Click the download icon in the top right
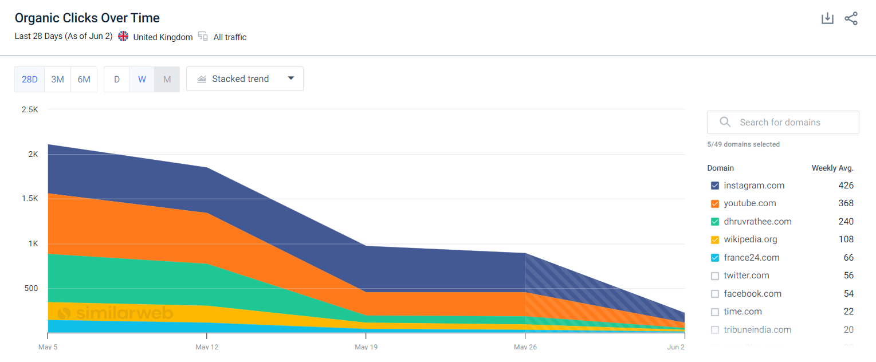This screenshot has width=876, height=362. pos(827,18)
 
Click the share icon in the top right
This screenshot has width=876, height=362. pos(851,18)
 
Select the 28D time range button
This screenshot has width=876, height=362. pos(30,79)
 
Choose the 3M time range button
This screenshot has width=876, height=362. pos(57,79)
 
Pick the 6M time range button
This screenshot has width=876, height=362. pos(84,79)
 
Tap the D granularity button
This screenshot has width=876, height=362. pos(117,79)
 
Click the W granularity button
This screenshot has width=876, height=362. pos(142,79)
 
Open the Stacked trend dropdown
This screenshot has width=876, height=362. pos(245,79)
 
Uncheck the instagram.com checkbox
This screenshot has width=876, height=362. pos(714,186)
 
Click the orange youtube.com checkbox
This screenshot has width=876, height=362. pos(714,204)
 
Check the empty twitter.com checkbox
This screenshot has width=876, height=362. pos(714,276)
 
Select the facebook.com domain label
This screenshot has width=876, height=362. pos(752,294)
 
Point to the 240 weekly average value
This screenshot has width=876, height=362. pos(846,222)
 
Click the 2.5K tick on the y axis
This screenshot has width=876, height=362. pos(29,109)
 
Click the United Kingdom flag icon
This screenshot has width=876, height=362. pos(123,36)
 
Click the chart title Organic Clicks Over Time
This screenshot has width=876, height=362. pos(87,18)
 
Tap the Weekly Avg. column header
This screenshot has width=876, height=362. pos(832,168)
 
